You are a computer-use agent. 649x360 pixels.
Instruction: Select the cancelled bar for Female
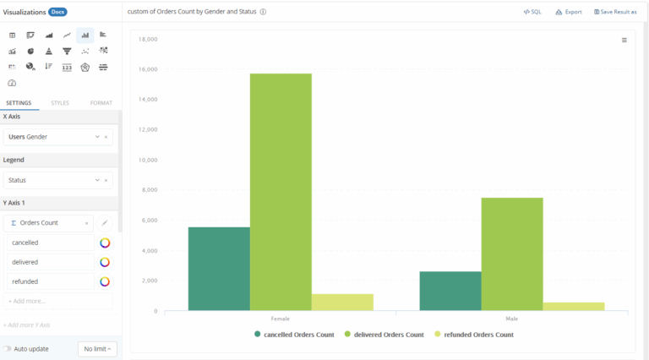[x=219, y=269]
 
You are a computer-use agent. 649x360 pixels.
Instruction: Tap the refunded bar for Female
[x=342, y=303]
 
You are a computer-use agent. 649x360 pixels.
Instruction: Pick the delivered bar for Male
[x=512, y=254]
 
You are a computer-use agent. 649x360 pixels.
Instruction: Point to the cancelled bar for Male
[x=450, y=291]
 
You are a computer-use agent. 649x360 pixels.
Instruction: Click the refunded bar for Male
[x=574, y=307]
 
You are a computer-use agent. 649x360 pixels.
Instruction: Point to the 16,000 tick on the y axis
[x=148, y=69]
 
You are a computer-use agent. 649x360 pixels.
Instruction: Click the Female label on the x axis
[x=281, y=319]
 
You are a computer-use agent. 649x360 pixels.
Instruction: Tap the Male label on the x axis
[x=512, y=319]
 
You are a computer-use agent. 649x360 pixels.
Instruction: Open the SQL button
[x=532, y=12]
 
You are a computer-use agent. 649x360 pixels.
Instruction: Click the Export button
[x=569, y=12]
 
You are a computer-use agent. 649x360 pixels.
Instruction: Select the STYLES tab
[x=60, y=103]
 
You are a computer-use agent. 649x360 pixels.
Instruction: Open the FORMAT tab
[x=101, y=103]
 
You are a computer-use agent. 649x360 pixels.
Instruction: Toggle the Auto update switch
[x=8, y=348]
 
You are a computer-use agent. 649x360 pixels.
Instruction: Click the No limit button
[x=97, y=348]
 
